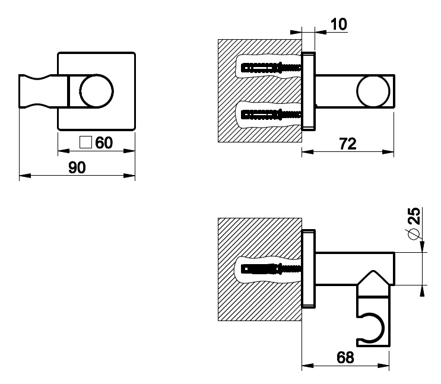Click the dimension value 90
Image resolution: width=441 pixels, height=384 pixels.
pos(77,167)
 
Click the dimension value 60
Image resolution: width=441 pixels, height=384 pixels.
pos(104,143)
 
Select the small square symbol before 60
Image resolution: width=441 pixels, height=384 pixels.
pos(85,142)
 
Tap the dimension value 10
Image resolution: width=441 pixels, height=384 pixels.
pos(339,24)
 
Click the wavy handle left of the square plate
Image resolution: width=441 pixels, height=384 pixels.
pos(39,91)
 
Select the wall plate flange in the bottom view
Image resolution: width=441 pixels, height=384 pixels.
pos(308,268)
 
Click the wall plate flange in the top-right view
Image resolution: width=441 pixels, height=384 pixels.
pos(308,91)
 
